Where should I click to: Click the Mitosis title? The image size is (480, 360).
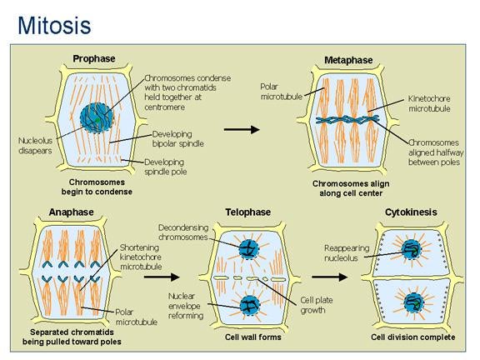pyautogui.click(x=54, y=25)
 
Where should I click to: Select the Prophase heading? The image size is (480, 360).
pyautogui.click(x=94, y=58)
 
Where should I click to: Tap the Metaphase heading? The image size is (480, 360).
pyautogui.click(x=348, y=60)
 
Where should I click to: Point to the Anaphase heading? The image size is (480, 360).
pyautogui.click(x=71, y=212)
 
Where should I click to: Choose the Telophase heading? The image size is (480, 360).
pyautogui.click(x=248, y=212)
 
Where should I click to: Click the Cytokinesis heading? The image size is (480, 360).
pyautogui.click(x=411, y=212)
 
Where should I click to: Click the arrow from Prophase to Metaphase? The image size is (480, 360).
pyautogui.click(x=242, y=129)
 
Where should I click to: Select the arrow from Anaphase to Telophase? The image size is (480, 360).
pyautogui.click(x=162, y=277)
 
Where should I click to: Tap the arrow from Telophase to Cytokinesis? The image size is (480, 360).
pyautogui.click(x=330, y=277)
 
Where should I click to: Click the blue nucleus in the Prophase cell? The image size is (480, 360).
pyautogui.click(x=97, y=117)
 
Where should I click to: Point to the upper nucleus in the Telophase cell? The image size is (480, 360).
pyautogui.click(x=248, y=249)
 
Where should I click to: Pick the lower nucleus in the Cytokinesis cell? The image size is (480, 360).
pyautogui.click(x=413, y=303)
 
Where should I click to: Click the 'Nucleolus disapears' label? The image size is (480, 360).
pyautogui.click(x=35, y=145)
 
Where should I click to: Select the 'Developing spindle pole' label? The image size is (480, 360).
pyautogui.click(x=165, y=167)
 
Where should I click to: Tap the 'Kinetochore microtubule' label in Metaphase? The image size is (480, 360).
pyautogui.click(x=429, y=103)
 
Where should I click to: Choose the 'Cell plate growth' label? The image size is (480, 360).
pyautogui.click(x=316, y=305)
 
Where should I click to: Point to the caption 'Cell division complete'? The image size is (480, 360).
pyautogui.click(x=413, y=337)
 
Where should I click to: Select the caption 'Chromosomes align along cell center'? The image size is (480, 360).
pyautogui.click(x=351, y=188)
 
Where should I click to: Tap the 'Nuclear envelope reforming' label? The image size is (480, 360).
pyautogui.click(x=186, y=306)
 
